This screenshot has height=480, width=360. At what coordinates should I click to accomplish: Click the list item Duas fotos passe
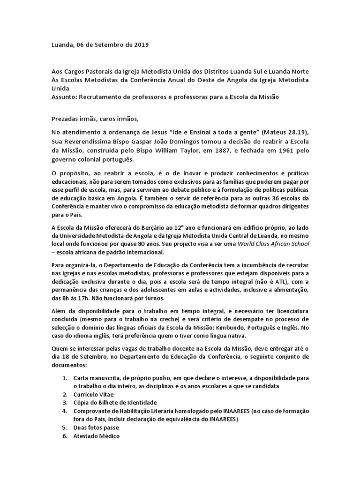[96, 427]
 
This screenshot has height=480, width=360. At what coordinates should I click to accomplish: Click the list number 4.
[65, 411]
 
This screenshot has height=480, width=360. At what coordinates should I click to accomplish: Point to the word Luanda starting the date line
[62, 45]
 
